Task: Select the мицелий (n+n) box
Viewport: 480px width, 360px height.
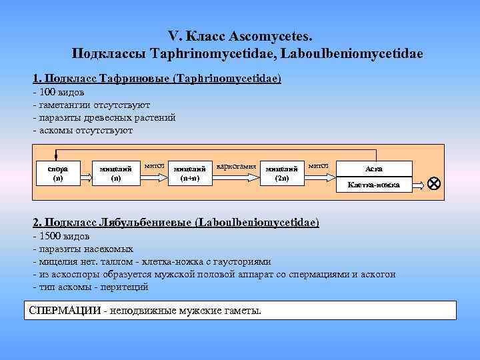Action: [x=189, y=173]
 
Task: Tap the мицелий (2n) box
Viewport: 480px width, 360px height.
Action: [x=281, y=173]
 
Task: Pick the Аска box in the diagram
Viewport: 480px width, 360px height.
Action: [x=374, y=169]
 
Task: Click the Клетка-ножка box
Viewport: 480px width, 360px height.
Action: [x=374, y=184]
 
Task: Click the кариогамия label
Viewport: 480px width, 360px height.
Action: [x=237, y=165]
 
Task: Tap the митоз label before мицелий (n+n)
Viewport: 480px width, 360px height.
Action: [x=154, y=164]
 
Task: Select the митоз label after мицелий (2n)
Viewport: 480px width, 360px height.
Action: [x=318, y=164]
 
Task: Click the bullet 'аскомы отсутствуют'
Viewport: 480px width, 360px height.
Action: [x=86, y=129]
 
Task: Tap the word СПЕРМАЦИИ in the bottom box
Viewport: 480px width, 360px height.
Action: [x=66, y=311]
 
